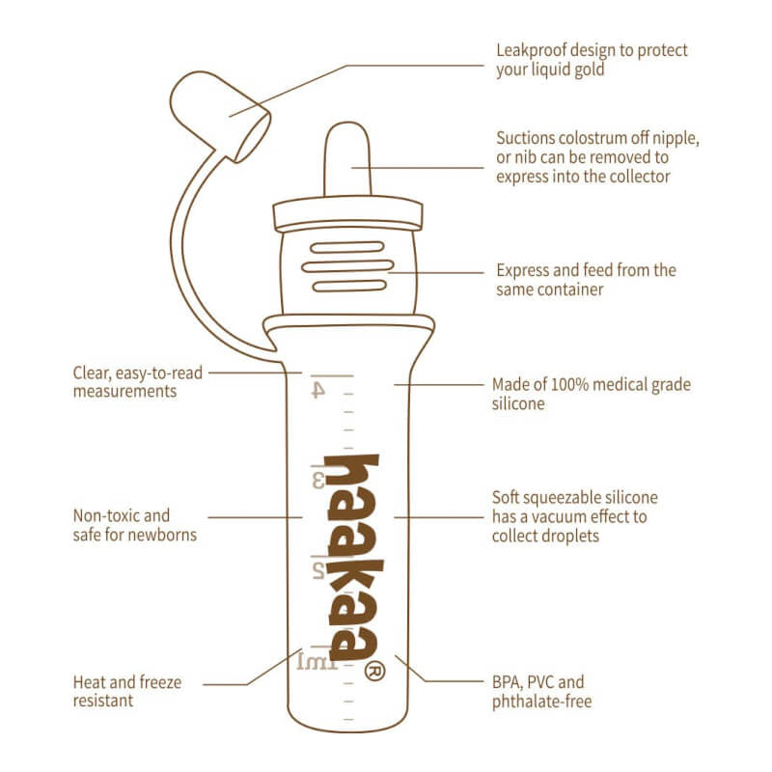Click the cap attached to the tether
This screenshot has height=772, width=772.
(x=221, y=116)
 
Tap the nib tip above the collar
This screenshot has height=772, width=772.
(x=347, y=158)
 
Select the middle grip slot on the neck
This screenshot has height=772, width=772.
(x=347, y=266)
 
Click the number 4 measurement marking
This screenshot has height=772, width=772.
(x=318, y=390)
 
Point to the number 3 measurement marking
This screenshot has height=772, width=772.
(x=318, y=480)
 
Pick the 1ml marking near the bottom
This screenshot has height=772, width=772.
(x=317, y=662)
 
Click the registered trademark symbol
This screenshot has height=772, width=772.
(x=375, y=671)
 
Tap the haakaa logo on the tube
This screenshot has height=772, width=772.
(x=352, y=557)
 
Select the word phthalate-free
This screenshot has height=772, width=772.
(x=542, y=702)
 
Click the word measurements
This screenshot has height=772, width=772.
(x=125, y=392)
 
